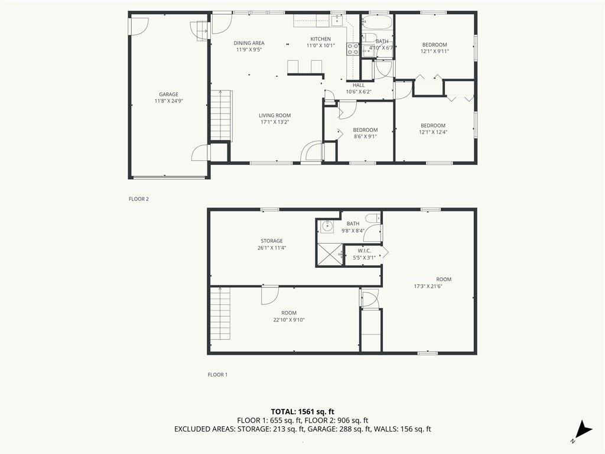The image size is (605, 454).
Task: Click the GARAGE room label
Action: coord(168,95)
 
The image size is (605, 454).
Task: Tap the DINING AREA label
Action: coord(249,43)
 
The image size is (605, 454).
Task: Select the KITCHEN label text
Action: coord(321,39)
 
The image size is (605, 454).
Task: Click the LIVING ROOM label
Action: coord(275,115)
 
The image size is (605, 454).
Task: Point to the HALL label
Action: coord(359,85)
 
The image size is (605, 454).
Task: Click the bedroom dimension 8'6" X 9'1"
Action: coord(365,137)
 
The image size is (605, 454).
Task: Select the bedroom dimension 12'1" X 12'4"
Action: coord(433,132)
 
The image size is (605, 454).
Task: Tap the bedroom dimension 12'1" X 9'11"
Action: coord(434,51)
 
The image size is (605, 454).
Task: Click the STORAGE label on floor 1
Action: coord(272,241)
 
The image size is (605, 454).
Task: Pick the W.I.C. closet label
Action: coord(364,251)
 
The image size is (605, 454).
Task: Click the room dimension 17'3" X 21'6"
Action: coord(428,287)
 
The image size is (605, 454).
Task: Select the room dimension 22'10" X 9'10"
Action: coord(289,320)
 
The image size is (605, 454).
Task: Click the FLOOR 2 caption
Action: coord(139,199)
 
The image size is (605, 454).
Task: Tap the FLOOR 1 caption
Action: coord(217,375)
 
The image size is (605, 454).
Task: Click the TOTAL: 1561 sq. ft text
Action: coord(302,411)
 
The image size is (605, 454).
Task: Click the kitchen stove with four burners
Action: coord(353,49)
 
